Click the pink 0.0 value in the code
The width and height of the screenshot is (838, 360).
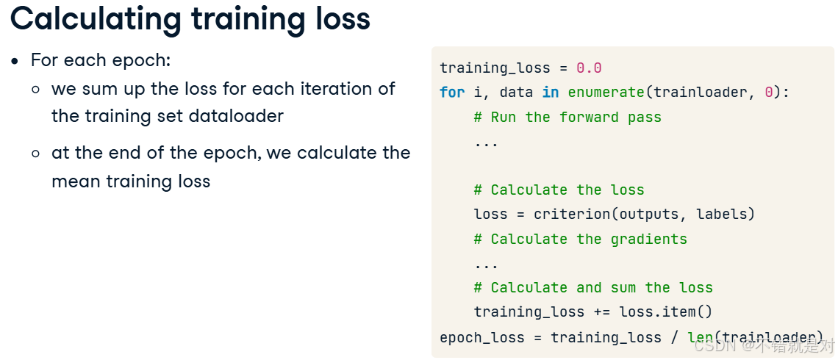click(x=589, y=68)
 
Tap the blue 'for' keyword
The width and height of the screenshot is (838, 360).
click(x=452, y=93)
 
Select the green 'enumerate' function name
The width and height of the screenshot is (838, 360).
click(x=606, y=93)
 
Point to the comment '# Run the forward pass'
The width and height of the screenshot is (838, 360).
click(x=567, y=117)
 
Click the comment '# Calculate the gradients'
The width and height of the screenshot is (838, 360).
click(x=581, y=239)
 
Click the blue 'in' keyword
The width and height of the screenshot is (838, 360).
click(x=551, y=93)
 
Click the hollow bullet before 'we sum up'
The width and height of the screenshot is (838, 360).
click(x=36, y=89)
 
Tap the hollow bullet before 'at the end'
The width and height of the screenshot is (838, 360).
click(x=36, y=154)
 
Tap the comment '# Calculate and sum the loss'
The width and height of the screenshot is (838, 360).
click(x=593, y=287)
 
